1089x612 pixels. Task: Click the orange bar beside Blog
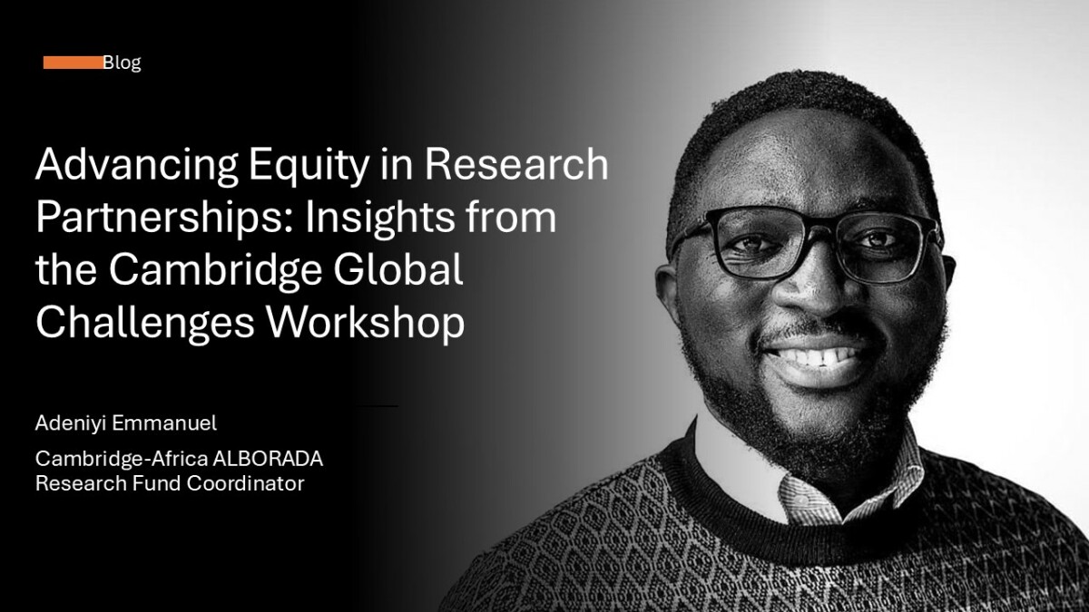(x=74, y=63)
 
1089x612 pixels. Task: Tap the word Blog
(x=122, y=63)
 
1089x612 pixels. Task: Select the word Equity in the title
(x=309, y=166)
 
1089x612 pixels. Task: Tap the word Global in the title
(x=398, y=269)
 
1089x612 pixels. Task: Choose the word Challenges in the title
(x=145, y=323)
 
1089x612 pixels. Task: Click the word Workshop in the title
(x=365, y=323)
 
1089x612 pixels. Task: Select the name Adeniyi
(x=69, y=423)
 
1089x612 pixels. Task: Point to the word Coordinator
(x=246, y=483)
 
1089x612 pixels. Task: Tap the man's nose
(x=817, y=286)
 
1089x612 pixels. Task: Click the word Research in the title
(x=516, y=164)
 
